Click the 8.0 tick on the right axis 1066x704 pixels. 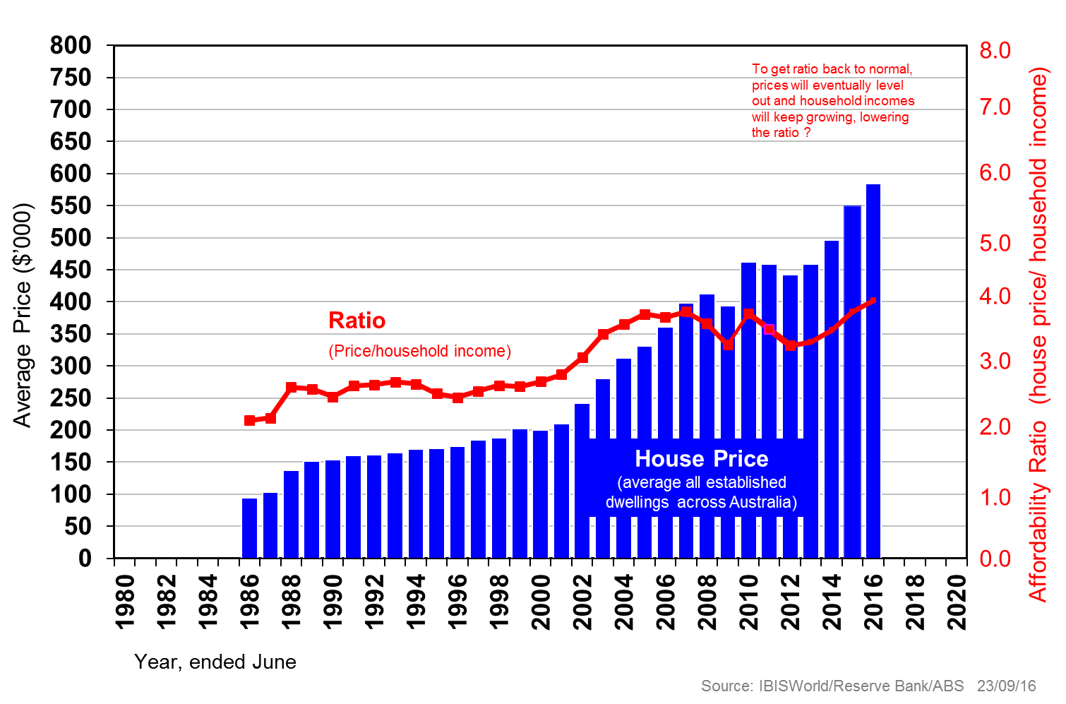pyautogui.click(x=995, y=51)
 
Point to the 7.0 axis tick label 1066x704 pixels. pyautogui.click(x=995, y=107)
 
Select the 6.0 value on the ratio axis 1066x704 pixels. pyautogui.click(x=995, y=173)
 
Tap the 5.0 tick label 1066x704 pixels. pyautogui.click(x=995, y=244)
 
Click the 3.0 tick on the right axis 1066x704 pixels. pyautogui.click(x=995, y=362)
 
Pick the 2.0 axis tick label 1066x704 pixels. pyautogui.click(x=995, y=427)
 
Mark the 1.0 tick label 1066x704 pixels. pyautogui.click(x=995, y=498)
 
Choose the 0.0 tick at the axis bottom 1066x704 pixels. pyautogui.click(x=995, y=559)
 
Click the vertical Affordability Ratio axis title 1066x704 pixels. pyautogui.click(x=1038, y=332)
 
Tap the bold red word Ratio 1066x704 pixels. pyautogui.click(x=357, y=321)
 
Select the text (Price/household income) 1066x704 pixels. pyautogui.click(x=419, y=351)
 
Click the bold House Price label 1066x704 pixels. pyautogui.click(x=701, y=459)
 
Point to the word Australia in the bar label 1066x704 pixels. pyautogui.click(x=762, y=503)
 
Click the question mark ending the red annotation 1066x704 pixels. pyautogui.click(x=808, y=133)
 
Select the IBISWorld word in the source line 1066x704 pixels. pyautogui.click(x=794, y=686)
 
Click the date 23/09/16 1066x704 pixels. pyautogui.click(x=1006, y=686)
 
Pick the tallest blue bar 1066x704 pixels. pyautogui.click(x=873, y=371)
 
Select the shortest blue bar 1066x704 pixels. pyautogui.click(x=249, y=527)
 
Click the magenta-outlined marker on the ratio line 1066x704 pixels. pyautogui.click(x=769, y=329)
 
